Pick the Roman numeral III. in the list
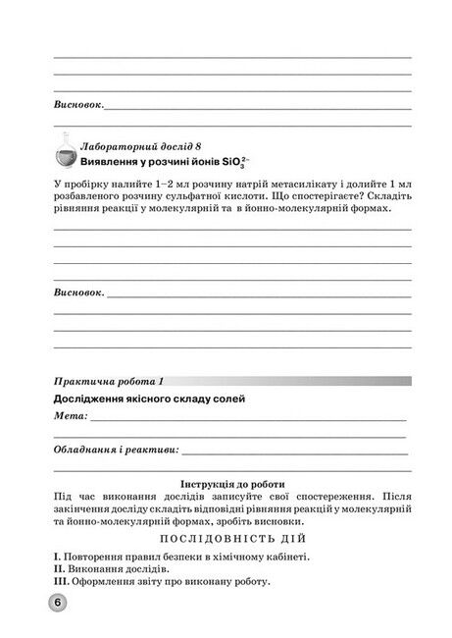click(x=61, y=582)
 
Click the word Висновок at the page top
click(x=77, y=103)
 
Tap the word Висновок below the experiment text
click(x=77, y=292)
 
